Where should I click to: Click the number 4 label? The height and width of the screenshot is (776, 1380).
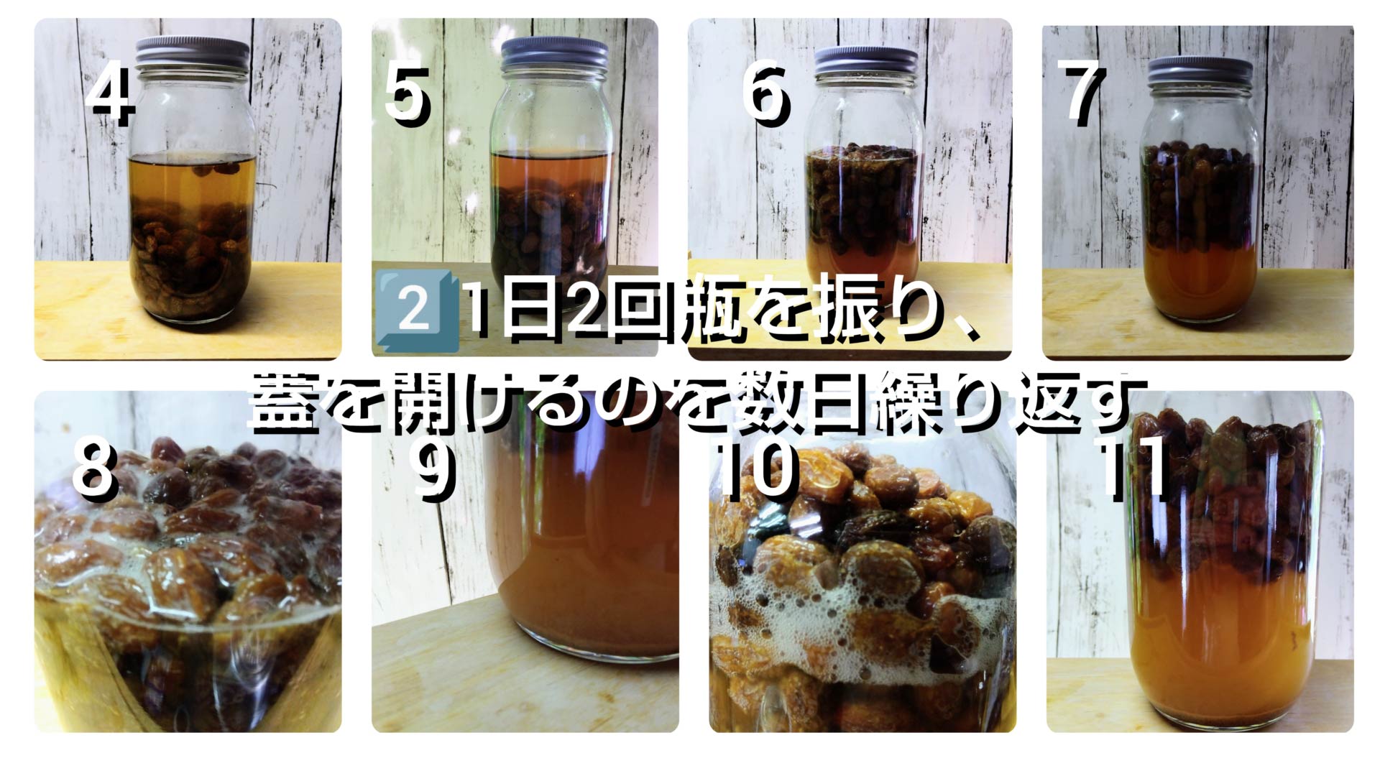pyautogui.click(x=111, y=96)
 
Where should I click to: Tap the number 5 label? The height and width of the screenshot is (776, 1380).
pyautogui.click(x=407, y=94)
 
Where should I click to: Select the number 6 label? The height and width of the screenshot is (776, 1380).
pyautogui.click(x=765, y=94)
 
